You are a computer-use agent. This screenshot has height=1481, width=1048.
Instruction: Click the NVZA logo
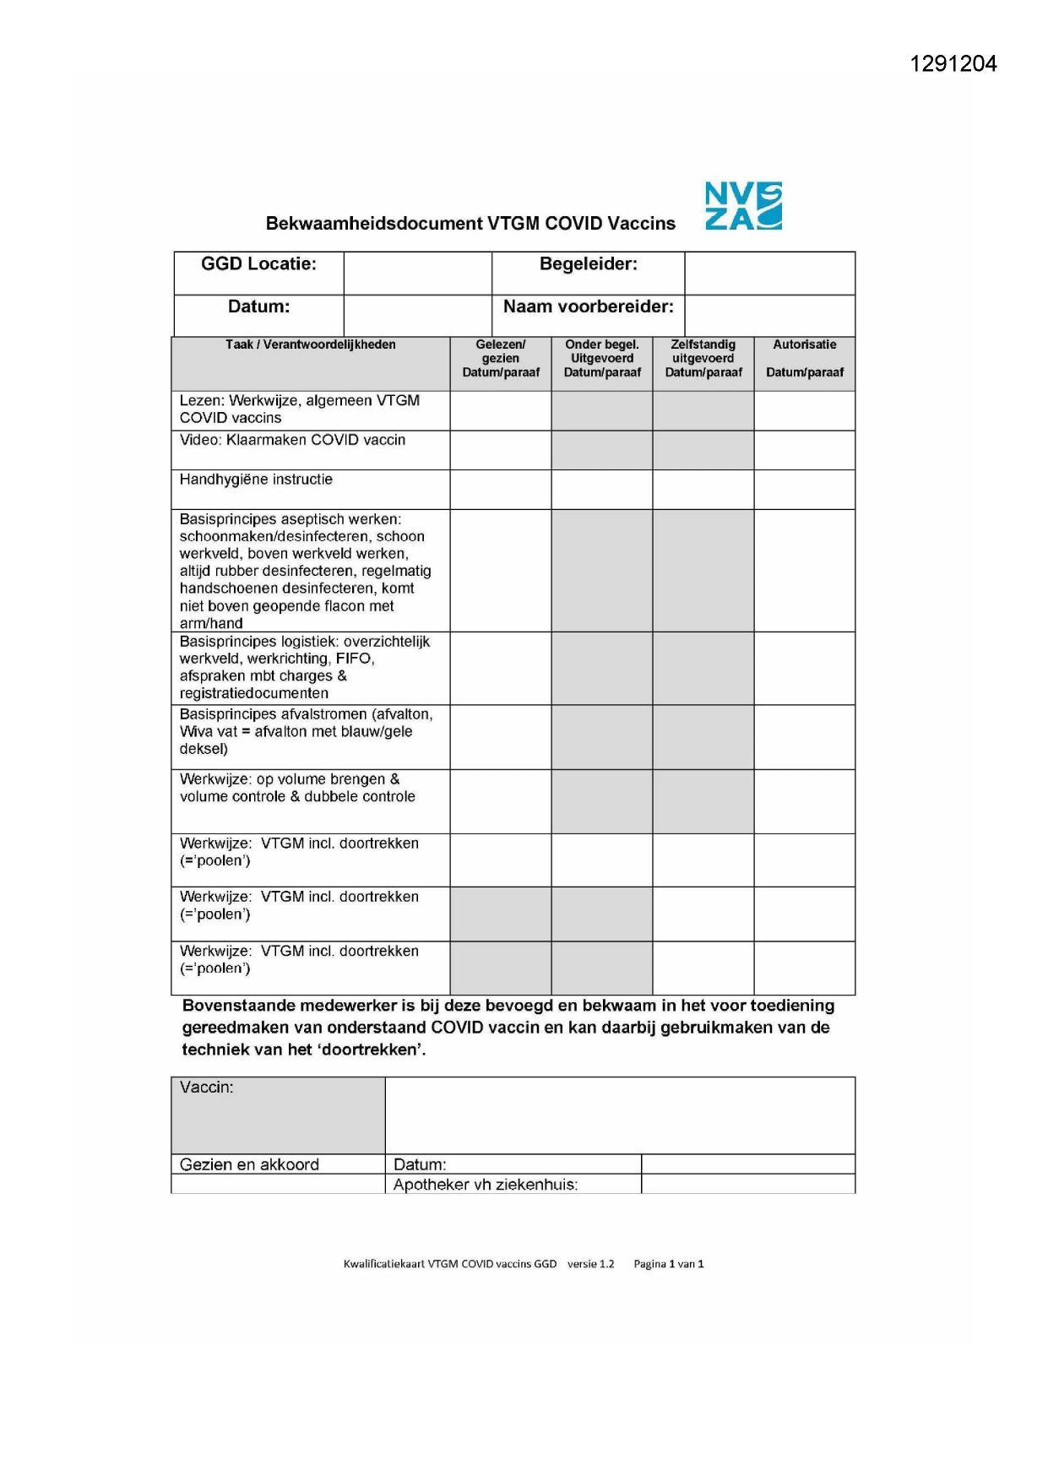743,206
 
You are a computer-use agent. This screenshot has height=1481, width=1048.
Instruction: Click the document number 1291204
953,64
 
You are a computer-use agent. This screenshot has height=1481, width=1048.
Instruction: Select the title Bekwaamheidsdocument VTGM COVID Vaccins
470,224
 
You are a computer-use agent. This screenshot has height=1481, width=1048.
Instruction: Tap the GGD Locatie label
258,264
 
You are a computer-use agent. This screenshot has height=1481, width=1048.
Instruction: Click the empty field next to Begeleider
769,273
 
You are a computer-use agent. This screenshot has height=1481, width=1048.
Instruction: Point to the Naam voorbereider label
588,307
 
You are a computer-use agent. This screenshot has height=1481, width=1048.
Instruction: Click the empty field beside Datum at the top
417,315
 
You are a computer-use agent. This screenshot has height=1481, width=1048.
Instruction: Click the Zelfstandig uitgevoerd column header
703,358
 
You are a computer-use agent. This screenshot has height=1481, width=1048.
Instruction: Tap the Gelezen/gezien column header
500,358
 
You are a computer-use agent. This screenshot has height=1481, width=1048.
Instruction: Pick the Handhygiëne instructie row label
256,480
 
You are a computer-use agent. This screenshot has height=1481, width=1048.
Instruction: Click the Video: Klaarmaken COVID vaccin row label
292,440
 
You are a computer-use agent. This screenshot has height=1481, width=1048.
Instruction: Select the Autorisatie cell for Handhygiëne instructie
804,490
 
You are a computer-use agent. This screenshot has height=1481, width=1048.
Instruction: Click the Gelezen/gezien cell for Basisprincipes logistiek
500,668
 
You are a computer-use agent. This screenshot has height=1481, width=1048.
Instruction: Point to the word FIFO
354,659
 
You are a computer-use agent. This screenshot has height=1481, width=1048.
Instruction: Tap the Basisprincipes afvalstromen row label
306,731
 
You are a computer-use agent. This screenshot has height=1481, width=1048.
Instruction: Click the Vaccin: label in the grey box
207,1088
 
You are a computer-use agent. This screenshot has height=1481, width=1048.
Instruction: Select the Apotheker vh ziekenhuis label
486,1185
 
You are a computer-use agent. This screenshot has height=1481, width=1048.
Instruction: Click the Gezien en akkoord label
249,1164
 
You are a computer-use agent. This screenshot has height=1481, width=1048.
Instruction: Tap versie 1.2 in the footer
590,1264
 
